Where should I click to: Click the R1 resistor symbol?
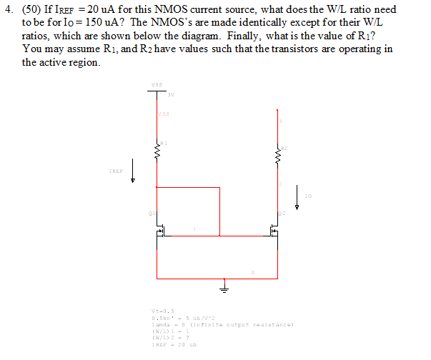tap(157, 151)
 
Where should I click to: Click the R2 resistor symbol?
tap(278, 152)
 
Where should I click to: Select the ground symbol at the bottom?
tap(227, 288)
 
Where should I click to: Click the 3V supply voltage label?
tap(170, 94)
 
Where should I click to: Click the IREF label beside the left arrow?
tap(116, 171)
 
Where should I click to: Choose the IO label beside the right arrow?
tap(307, 194)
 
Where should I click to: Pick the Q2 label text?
tap(282, 213)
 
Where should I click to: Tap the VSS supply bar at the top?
tap(157, 91)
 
